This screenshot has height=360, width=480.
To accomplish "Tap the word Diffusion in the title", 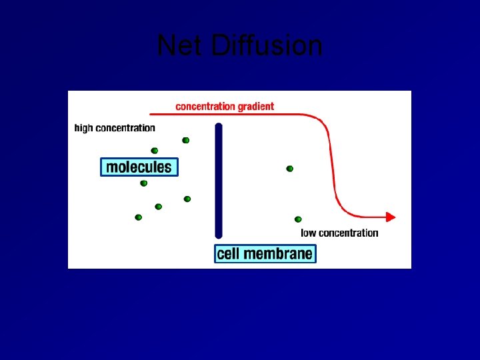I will [x=267, y=46].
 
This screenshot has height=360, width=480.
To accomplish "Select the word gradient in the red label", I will [x=254, y=106].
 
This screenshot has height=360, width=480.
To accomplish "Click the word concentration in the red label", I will [x=204, y=106].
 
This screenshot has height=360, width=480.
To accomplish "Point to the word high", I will [x=83, y=128].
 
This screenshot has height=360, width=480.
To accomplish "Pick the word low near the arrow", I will [x=309, y=233].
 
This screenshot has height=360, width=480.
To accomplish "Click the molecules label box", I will [x=139, y=167].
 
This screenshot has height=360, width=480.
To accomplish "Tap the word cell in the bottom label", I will [x=228, y=253].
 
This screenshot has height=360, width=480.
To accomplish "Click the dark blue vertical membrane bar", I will [x=218, y=180].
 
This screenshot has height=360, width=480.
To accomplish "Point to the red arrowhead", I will [x=391, y=217].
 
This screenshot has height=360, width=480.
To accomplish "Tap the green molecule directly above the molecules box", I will [x=155, y=151].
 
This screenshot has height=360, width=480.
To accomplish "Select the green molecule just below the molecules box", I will [x=143, y=183].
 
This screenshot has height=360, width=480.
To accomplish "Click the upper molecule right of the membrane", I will [x=289, y=169].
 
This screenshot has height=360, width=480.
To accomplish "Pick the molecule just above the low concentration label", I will [x=298, y=219].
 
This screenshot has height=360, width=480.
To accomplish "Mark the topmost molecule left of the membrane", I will [x=185, y=140].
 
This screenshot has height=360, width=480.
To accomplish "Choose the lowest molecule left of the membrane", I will [x=138, y=217].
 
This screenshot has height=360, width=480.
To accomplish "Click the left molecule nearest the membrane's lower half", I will [x=187, y=199].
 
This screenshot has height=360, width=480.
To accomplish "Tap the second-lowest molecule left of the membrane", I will [x=158, y=207].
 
